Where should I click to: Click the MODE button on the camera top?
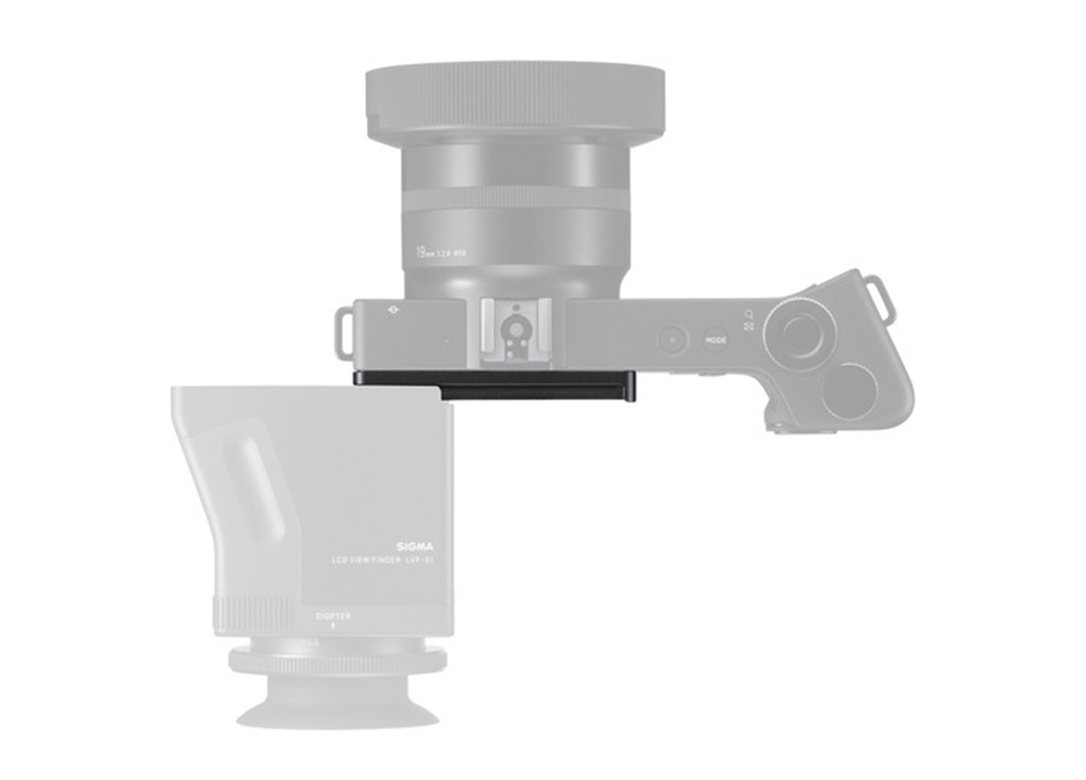point(715,341)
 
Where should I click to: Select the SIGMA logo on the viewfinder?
point(414,547)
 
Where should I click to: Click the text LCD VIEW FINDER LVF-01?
point(382,561)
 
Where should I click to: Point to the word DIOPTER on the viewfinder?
point(333,616)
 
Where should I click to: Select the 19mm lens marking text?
point(440,252)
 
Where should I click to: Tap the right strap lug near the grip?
point(878,301)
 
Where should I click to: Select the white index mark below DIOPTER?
point(333,627)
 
